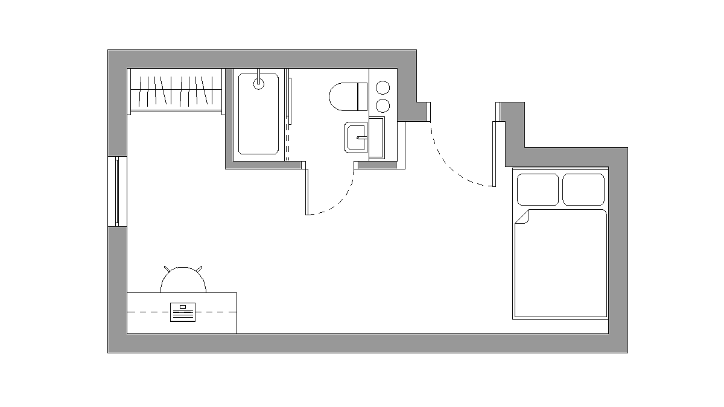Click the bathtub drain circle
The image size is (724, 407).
[x=258, y=84]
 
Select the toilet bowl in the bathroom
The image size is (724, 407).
[x=342, y=96]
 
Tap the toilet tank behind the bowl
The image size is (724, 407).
[x=362, y=96]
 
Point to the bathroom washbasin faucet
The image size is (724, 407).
[x=361, y=137]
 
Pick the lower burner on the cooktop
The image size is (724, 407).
[x=383, y=106]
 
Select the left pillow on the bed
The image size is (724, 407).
[x=538, y=189]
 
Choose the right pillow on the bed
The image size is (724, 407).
[x=583, y=189]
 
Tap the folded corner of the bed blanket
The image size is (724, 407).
[x=521, y=216]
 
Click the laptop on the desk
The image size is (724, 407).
[x=183, y=312]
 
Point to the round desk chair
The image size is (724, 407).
[x=183, y=279]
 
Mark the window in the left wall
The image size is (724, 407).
[x=118, y=191]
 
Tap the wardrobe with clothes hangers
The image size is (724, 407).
[x=175, y=90]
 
